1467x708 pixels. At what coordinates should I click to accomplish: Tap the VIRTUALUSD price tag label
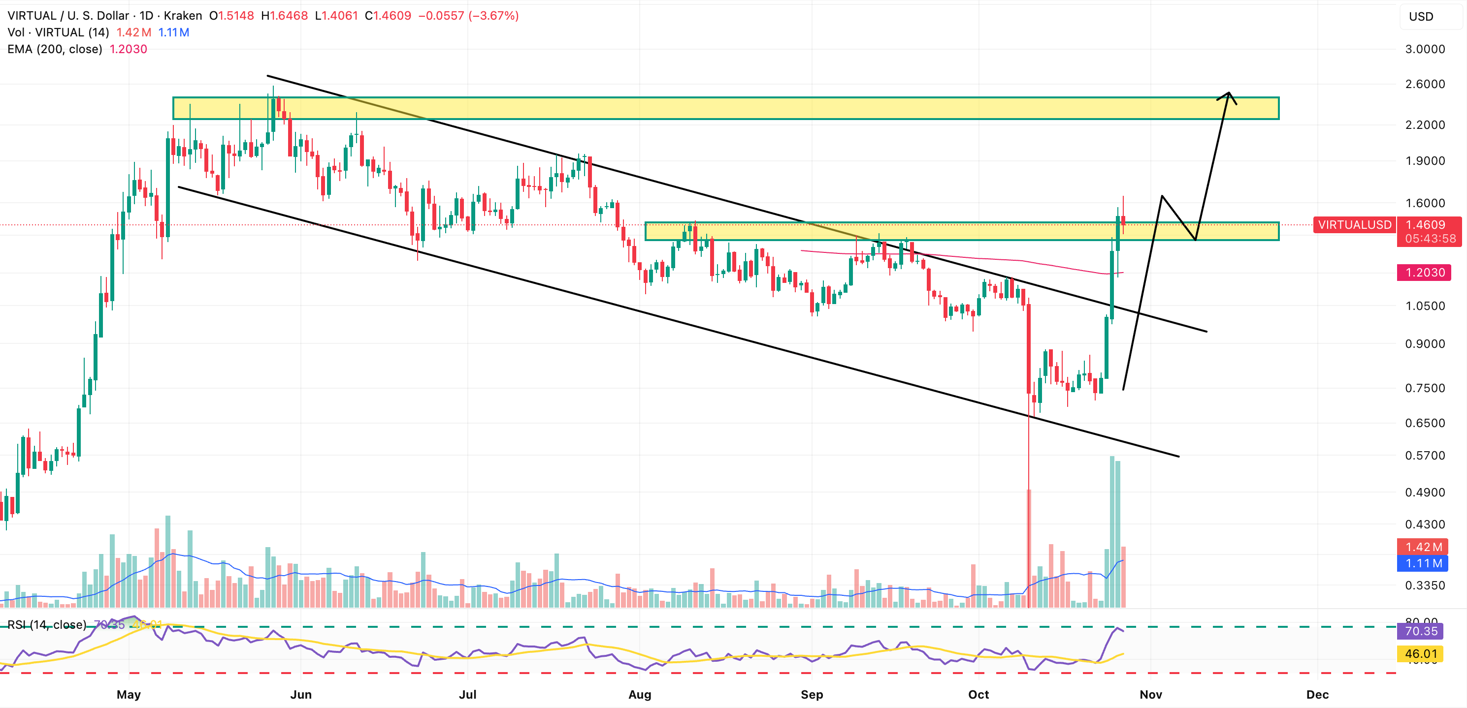pyautogui.click(x=1354, y=225)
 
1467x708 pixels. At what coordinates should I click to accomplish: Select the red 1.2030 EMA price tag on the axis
pyautogui.click(x=1425, y=273)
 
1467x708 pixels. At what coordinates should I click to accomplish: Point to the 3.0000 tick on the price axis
pyautogui.click(x=1425, y=49)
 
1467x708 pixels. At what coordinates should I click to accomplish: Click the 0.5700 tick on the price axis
pyautogui.click(x=1425, y=455)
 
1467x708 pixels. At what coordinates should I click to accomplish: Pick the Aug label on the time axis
pyautogui.click(x=640, y=694)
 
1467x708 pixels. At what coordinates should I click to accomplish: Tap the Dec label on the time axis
pyautogui.click(x=1317, y=694)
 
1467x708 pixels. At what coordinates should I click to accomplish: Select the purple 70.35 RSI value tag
pyautogui.click(x=1421, y=631)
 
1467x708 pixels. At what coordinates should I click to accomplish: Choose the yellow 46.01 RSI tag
pyautogui.click(x=1421, y=653)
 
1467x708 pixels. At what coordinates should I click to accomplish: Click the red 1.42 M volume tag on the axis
pyautogui.click(x=1424, y=547)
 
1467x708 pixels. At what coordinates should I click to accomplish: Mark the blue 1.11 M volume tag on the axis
pyautogui.click(x=1424, y=563)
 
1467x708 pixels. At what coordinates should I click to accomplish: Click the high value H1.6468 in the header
pyautogui.click(x=284, y=15)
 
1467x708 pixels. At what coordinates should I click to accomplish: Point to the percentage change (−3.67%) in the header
pyautogui.click(x=493, y=15)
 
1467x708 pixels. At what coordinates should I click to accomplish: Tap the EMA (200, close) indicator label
pyautogui.click(x=55, y=49)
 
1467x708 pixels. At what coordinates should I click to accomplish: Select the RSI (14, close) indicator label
pyautogui.click(x=47, y=624)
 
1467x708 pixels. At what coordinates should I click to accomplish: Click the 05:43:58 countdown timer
pyautogui.click(x=1430, y=239)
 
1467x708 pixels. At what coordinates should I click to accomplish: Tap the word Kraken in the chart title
pyautogui.click(x=183, y=15)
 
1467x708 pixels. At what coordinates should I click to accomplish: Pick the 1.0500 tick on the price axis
pyautogui.click(x=1425, y=306)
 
